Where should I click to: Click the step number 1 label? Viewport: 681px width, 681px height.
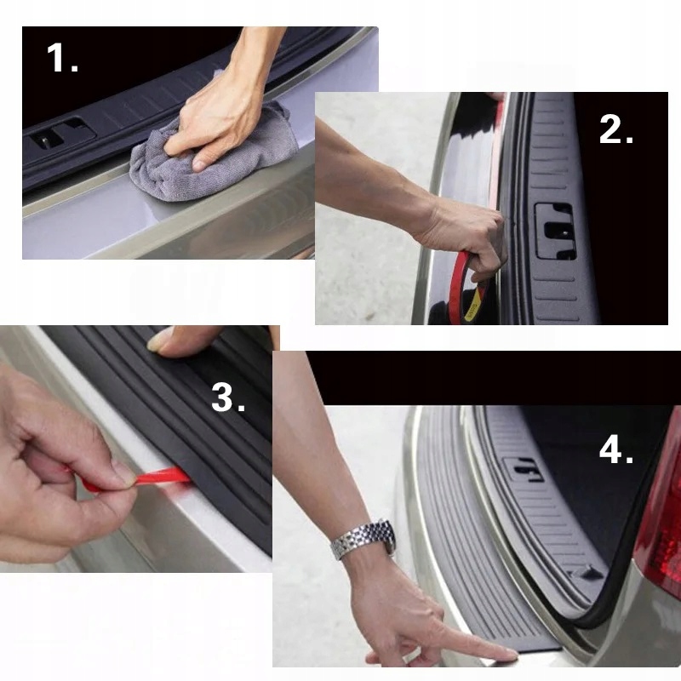[x=62, y=58]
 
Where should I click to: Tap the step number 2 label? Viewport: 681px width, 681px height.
[x=615, y=129]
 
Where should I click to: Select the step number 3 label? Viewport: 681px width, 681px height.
[x=228, y=398]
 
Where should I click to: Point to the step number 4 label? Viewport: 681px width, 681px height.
[x=615, y=449]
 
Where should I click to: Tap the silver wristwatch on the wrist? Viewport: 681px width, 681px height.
[x=363, y=540]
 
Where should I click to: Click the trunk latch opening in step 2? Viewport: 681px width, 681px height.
[x=556, y=231]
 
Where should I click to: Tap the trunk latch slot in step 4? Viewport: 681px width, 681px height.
[x=524, y=469]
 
